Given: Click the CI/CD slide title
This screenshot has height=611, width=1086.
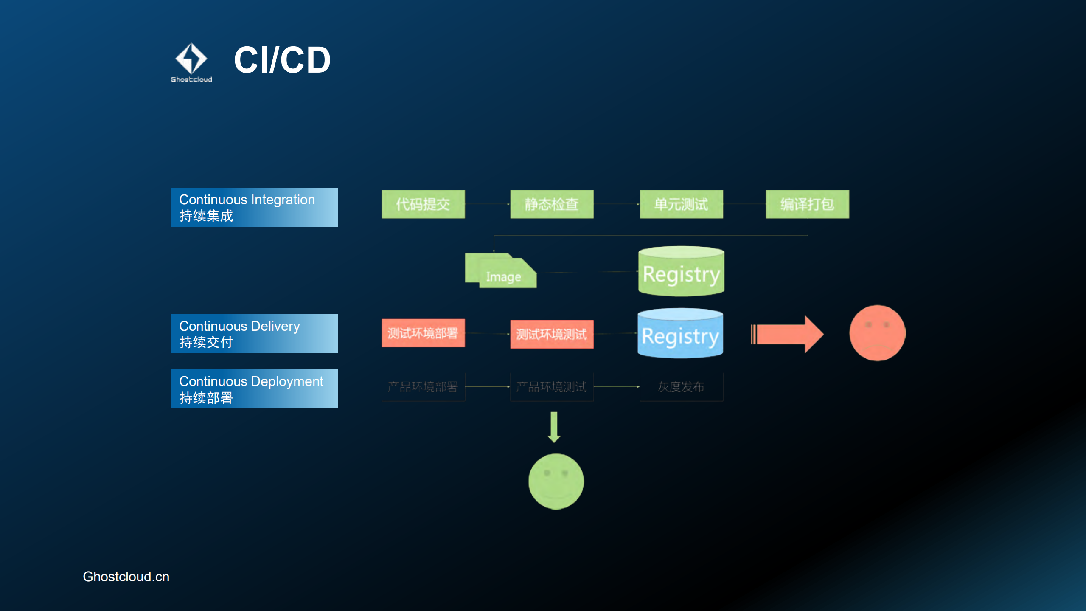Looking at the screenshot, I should coord(282,60).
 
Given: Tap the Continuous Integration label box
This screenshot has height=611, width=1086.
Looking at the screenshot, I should coord(254,207).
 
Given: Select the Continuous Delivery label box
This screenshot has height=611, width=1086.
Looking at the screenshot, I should coord(254,334).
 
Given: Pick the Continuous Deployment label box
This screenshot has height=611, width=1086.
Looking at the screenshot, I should coord(254,389).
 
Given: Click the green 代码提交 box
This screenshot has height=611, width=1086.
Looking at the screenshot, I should coord(423,204).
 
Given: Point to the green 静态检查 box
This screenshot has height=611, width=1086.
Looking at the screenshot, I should coord(552,204).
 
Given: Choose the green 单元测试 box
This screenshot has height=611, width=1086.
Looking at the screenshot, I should coord(681,204).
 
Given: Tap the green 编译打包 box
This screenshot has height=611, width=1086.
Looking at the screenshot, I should coord(807,204).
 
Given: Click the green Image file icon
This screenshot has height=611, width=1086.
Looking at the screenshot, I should coord(501,272).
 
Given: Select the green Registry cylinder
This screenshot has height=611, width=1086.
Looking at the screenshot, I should coord(681,272).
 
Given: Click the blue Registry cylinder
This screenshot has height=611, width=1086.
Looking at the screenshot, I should coord(680,334).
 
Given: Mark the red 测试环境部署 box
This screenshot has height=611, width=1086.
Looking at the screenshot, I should coord(423,333).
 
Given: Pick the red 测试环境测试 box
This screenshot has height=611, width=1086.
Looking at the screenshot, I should coord(552,334).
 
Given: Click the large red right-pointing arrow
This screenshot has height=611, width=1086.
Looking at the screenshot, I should coord(787,334).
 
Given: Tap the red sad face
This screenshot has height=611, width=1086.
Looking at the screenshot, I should coord(877,333).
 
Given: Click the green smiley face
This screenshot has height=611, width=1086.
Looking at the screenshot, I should coord(556,481).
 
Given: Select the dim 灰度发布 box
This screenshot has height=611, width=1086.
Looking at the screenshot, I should coord(681,387).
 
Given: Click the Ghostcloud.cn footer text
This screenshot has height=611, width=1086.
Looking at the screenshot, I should coord(126,577).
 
